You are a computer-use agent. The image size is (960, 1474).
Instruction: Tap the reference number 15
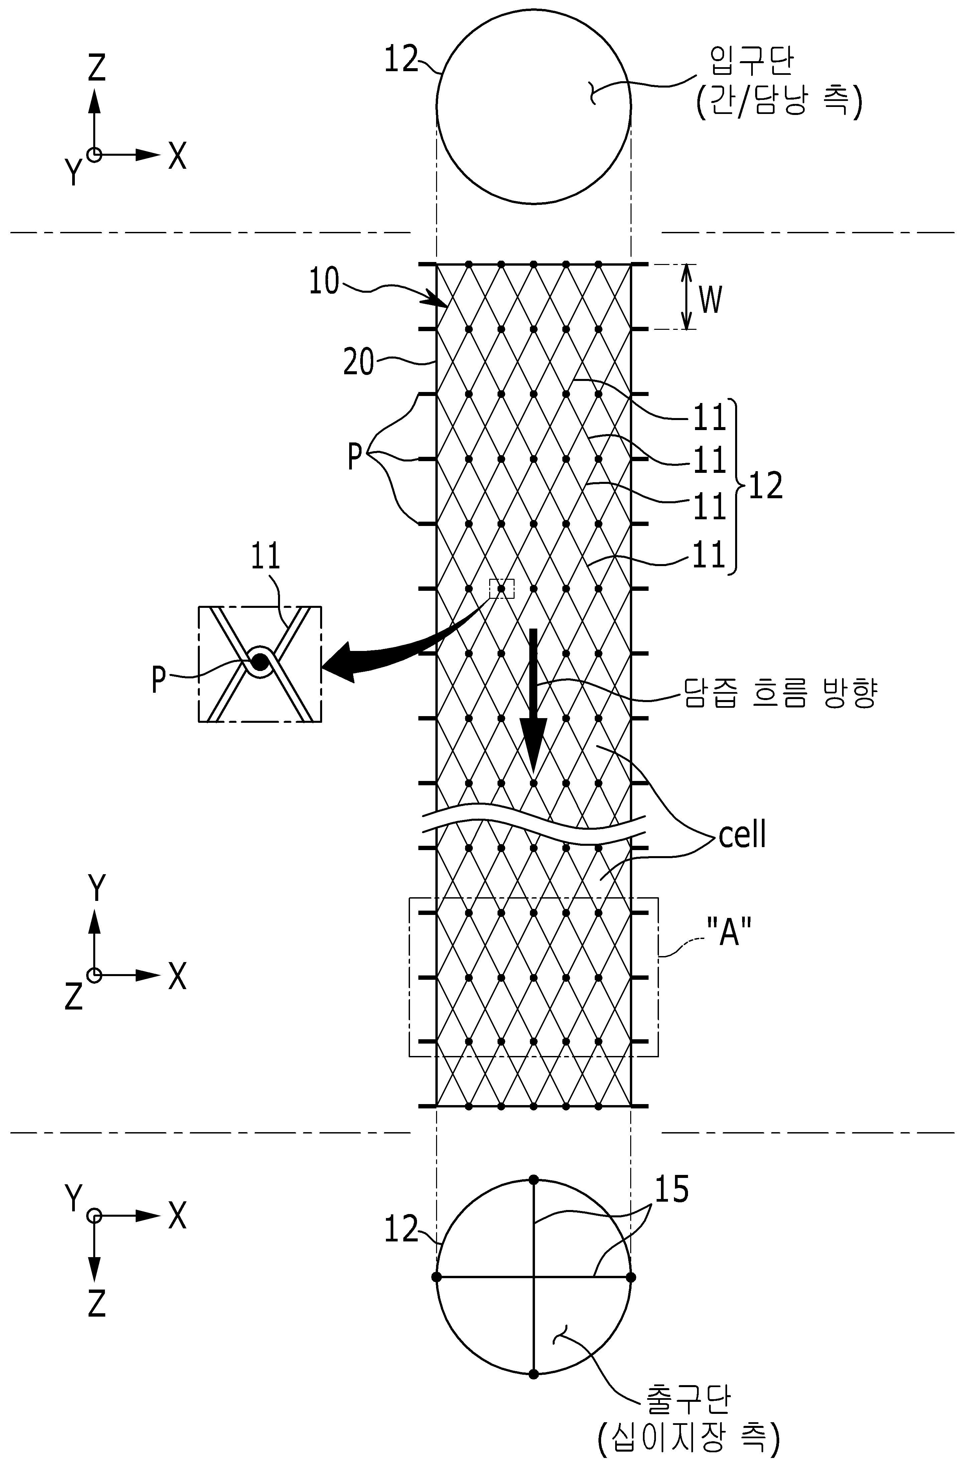pyautogui.click(x=671, y=1190)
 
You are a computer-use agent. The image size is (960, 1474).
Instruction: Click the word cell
pyautogui.click(x=742, y=834)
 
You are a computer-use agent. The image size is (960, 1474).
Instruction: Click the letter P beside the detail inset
pyautogui.click(x=159, y=679)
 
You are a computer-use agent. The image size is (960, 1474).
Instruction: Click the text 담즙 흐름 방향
pyautogui.click(x=780, y=692)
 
